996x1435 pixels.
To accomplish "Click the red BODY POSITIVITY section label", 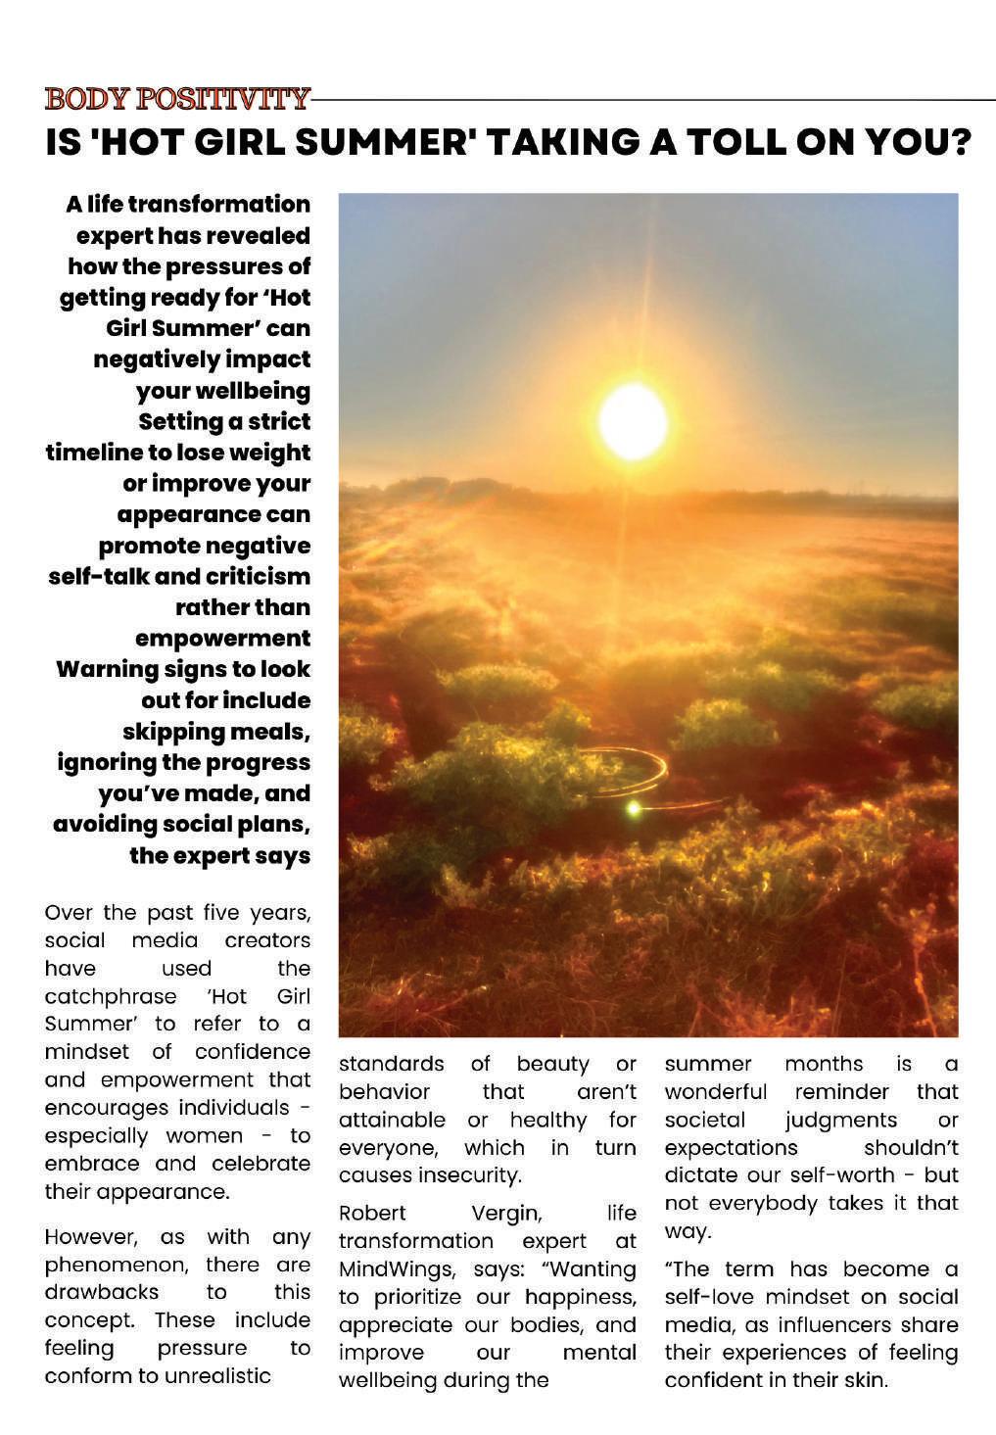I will click(x=177, y=99).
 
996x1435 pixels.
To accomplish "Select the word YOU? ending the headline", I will click(x=919, y=143).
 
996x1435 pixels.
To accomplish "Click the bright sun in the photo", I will click(x=633, y=421).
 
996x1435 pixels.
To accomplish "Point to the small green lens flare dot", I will click(x=634, y=808).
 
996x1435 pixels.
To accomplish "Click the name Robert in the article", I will click(x=372, y=1214).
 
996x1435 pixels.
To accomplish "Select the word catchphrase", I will click(x=111, y=996).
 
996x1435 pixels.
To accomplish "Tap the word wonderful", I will click(x=715, y=1091).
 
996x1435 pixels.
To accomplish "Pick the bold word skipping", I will click(x=171, y=732).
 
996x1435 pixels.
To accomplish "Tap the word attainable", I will click(x=392, y=1120).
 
